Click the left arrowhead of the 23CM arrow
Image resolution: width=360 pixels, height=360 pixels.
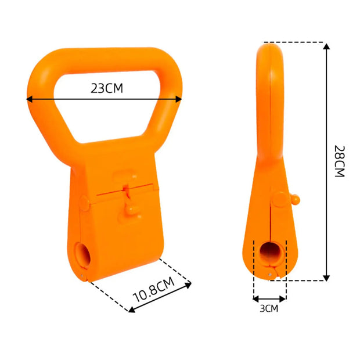30,99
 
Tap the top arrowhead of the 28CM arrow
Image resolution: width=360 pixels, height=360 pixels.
327,46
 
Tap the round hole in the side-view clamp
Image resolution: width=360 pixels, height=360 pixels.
270,253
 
